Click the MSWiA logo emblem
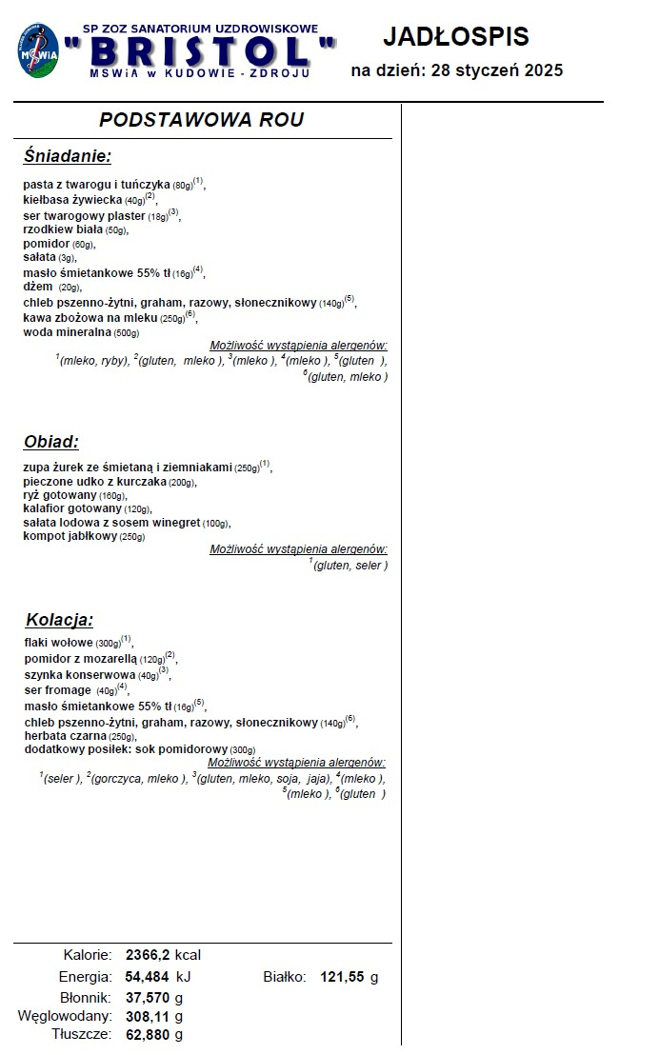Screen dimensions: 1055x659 [36, 50]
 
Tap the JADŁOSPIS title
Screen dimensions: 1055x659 [455, 37]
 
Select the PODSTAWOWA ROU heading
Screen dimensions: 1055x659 [202, 120]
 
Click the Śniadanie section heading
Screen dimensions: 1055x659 [68, 156]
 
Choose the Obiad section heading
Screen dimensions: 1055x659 [51, 442]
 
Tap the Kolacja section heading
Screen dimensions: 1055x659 [60, 620]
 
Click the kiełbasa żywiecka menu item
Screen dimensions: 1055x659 [73, 200]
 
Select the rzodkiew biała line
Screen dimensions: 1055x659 [63, 229]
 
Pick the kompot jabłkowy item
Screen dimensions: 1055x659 [70, 536]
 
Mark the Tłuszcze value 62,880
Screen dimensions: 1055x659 [148, 1034]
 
